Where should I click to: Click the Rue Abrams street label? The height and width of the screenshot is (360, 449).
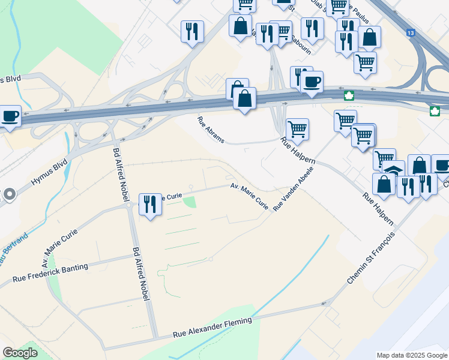point(211,130)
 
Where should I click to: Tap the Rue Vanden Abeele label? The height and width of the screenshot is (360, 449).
point(294,188)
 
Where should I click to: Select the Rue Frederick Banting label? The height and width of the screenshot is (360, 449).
point(50,272)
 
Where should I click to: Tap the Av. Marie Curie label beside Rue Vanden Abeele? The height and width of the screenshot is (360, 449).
point(249,196)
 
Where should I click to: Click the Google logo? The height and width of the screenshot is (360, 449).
point(20,353)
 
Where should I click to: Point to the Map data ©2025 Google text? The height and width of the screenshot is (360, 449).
point(411,355)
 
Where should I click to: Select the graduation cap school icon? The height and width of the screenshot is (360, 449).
point(393,170)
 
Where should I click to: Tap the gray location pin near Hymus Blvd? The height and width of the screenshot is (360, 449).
point(9,194)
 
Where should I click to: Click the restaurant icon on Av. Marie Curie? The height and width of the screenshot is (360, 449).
point(150,204)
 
